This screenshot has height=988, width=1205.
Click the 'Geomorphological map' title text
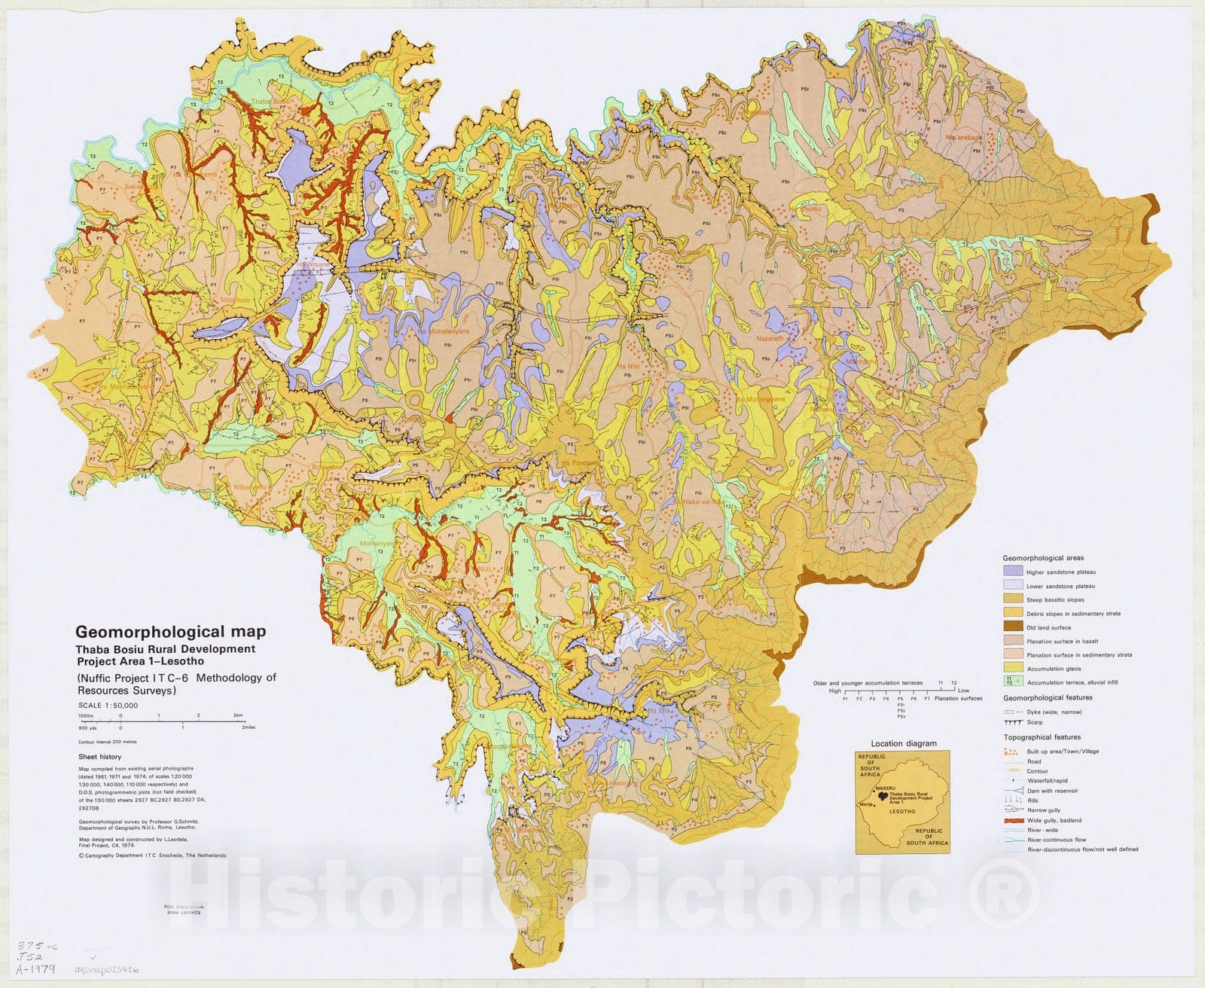pyautogui.click(x=169, y=633)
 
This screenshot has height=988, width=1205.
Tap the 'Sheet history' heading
pyautogui.click(x=99, y=757)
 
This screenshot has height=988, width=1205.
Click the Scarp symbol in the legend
pyautogui.click(x=1013, y=722)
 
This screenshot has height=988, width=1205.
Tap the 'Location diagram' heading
pyautogui.click(x=904, y=743)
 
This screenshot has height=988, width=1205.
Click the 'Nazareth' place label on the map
pyautogui.click(x=770, y=339)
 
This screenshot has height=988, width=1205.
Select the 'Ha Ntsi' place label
pyautogui.click(x=628, y=367)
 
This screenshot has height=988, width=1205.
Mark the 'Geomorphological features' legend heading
pyautogui.click(x=1048, y=698)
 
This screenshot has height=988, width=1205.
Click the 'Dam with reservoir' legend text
pyautogui.click(x=1052, y=791)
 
